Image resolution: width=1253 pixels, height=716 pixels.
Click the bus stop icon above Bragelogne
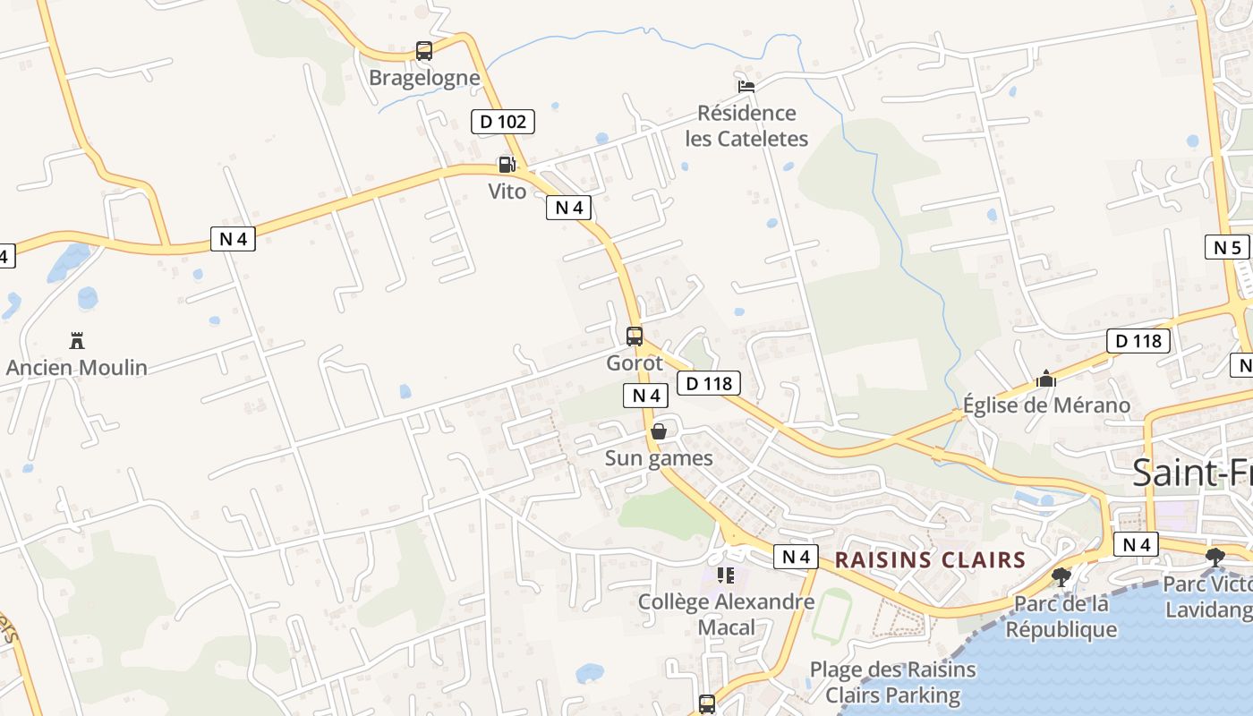pyautogui.click(x=424, y=51)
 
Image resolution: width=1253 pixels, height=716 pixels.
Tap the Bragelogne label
pyautogui.click(x=424, y=78)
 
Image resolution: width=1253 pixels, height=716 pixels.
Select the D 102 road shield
pyautogui.click(x=503, y=122)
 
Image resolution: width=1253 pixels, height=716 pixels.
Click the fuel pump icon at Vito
pyautogui.click(x=507, y=165)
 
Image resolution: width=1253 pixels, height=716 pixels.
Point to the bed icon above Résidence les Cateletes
pyautogui.click(x=746, y=86)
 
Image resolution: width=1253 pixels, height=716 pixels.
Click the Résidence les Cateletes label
pyautogui.click(x=746, y=125)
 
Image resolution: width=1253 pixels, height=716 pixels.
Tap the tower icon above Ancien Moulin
pyautogui.click(x=77, y=341)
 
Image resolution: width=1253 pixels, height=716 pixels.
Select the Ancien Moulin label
pyautogui.click(x=77, y=368)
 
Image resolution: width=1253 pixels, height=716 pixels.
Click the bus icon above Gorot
pyautogui.click(x=635, y=337)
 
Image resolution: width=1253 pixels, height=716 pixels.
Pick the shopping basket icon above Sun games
pyautogui.click(x=659, y=432)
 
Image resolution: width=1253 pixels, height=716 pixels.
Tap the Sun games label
pyautogui.click(x=659, y=459)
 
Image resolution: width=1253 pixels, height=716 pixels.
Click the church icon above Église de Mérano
pyautogui.click(x=1045, y=379)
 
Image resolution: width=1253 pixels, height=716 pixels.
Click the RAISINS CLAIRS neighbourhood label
pyautogui.click(x=930, y=560)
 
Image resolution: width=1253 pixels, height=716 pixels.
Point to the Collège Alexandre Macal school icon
pyautogui.click(x=726, y=575)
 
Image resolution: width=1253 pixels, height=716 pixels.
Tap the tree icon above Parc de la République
pyautogui.click(x=1061, y=577)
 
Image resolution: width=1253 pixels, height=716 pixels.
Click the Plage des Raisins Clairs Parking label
pyautogui.click(x=892, y=682)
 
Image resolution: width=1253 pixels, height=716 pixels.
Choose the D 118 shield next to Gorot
pyautogui.click(x=709, y=384)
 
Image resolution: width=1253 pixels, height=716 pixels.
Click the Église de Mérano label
pyautogui.click(x=1046, y=405)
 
